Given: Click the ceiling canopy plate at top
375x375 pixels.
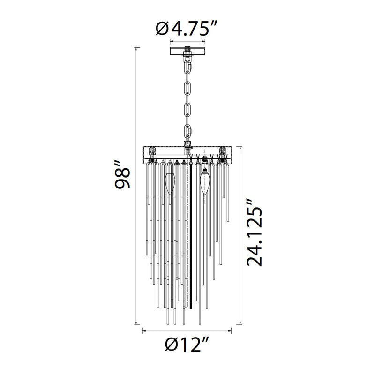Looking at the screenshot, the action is click(x=187, y=51).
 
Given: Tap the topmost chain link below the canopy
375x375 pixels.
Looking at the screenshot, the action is click(x=188, y=67).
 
